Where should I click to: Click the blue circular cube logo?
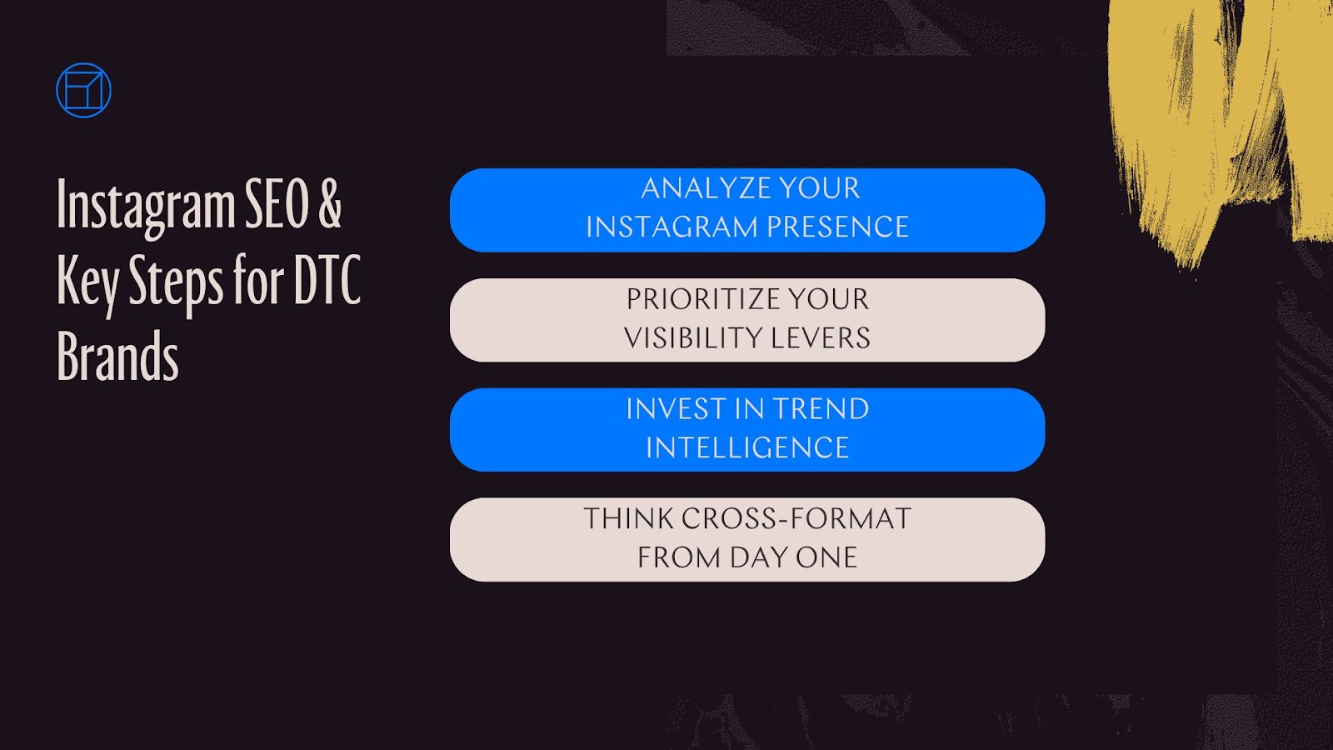tap(83, 90)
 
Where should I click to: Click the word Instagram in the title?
tap(146, 206)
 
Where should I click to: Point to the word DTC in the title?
tap(327, 280)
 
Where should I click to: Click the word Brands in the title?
tap(117, 357)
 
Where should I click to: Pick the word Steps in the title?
tap(176, 282)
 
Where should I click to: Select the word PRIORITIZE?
tap(701, 299)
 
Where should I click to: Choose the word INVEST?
tap(676, 409)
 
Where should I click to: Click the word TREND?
tap(821, 409)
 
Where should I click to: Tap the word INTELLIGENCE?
tap(747, 448)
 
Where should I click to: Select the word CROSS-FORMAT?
tap(796, 519)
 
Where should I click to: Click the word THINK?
tap(628, 519)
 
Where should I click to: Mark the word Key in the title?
tap(87, 282)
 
